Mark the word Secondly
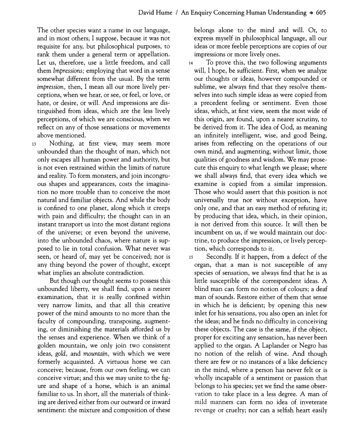tap(221, 257)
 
